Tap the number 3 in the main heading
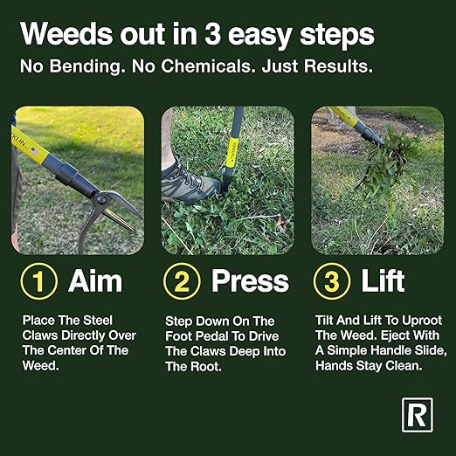click(207, 35)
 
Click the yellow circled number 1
click(39, 281)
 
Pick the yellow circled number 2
click(181, 281)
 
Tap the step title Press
click(250, 281)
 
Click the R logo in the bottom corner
click(417, 416)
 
